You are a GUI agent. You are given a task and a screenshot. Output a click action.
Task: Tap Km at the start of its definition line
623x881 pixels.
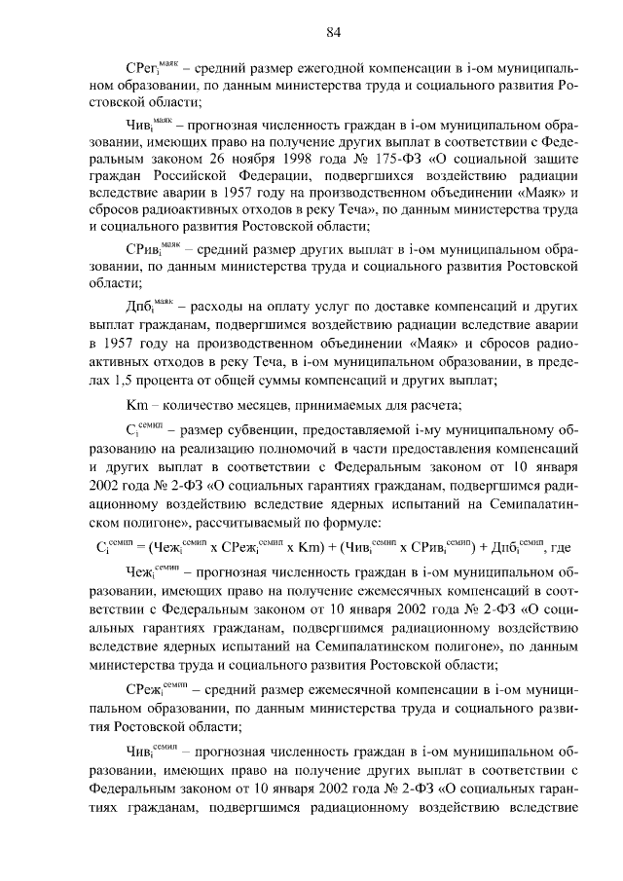point(136,406)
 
